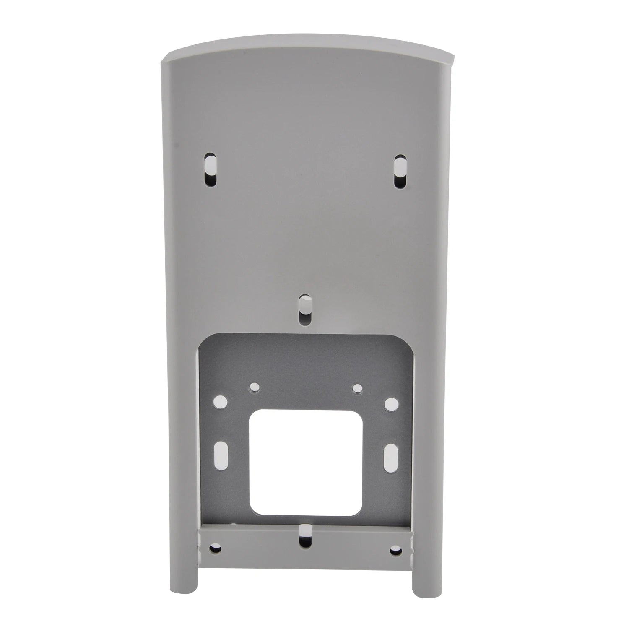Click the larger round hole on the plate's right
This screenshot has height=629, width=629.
point(391,404)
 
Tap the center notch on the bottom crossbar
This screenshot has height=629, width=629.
point(306,535)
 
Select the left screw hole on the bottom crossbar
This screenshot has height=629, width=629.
point(216,548)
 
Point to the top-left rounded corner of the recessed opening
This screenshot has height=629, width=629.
point(205,340)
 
